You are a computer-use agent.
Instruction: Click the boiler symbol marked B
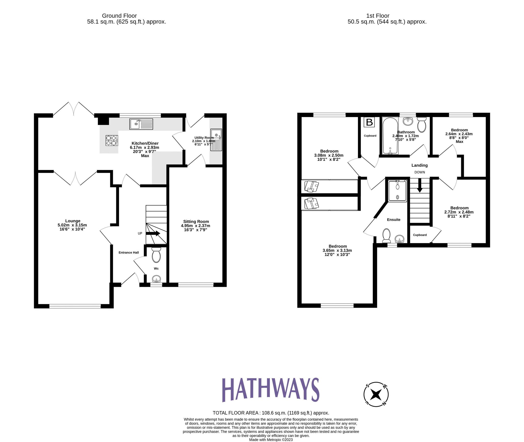pos(369,122)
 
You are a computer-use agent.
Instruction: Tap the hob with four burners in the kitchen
pos(112,140)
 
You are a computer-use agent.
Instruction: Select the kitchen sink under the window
pos(141,124)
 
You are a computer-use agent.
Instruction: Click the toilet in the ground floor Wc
pos(156,255)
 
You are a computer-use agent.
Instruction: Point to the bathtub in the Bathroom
pos(390,136)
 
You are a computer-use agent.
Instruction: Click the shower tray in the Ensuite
pos(397,191)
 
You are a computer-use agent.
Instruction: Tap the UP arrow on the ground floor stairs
pos(153,233)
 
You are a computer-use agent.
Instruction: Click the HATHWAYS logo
pos(271,390)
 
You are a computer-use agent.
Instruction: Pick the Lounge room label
pos(73,221)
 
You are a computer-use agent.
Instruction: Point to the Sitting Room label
pos(196,221)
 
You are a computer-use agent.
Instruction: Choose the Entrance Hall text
pos(129,253)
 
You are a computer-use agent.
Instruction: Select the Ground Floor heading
pos(119,16)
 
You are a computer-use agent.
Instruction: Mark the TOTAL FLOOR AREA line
pos(271,413)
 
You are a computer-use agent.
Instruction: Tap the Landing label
pos(419,165)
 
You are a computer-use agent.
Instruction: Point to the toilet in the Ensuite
pos(386,235)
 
